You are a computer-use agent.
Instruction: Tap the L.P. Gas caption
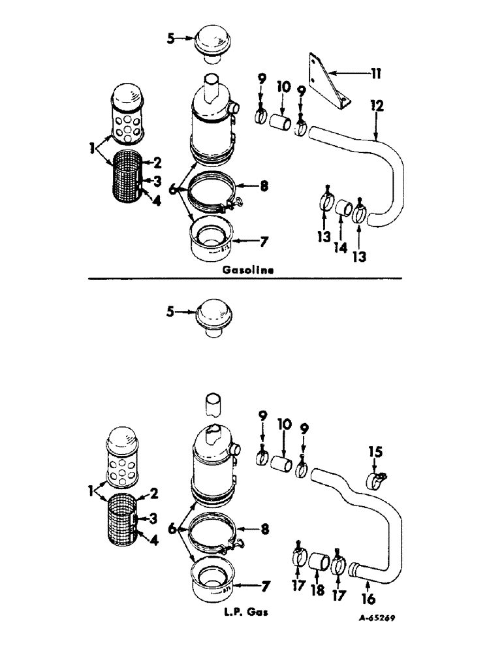(243, 613)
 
